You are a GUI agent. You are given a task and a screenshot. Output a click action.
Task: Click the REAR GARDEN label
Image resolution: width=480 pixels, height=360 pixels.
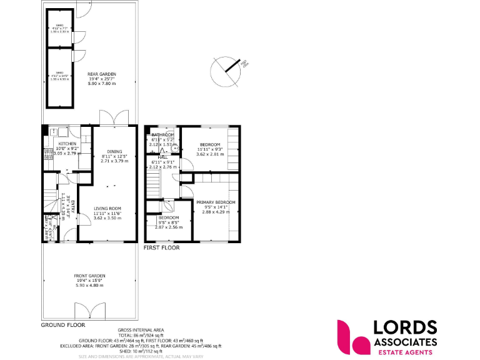[101, 74]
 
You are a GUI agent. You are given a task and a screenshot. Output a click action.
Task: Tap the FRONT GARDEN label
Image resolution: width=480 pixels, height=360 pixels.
[89, 276]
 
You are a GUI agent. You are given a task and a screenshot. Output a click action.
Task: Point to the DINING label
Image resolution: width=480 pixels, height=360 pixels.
[114, 151]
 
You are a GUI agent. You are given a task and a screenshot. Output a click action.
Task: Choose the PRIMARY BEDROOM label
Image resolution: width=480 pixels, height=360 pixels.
[216, 202]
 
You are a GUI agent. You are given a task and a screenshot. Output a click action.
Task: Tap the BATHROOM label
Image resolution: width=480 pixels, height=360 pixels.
[162, 134]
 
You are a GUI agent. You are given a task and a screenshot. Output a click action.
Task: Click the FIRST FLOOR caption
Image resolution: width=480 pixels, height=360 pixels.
[161, 247]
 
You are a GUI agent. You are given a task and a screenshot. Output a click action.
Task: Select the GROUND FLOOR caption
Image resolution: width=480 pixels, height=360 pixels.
[62, 325]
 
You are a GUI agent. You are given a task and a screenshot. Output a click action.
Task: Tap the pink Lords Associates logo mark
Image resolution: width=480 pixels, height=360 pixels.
[352, 336]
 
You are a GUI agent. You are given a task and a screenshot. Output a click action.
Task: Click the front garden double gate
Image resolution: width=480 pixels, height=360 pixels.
[89, 311]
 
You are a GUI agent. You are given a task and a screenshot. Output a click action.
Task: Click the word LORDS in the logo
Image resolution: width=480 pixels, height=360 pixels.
[405, 327]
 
